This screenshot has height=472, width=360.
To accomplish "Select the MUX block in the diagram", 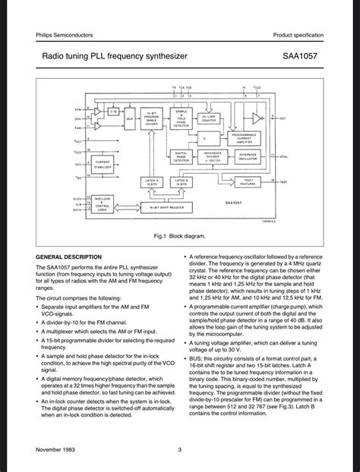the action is [130, 119].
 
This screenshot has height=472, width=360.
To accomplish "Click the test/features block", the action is [248, 181].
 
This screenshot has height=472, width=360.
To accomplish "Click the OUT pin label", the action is [283, 118].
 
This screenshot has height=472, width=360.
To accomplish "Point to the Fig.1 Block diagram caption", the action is [179, 237].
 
